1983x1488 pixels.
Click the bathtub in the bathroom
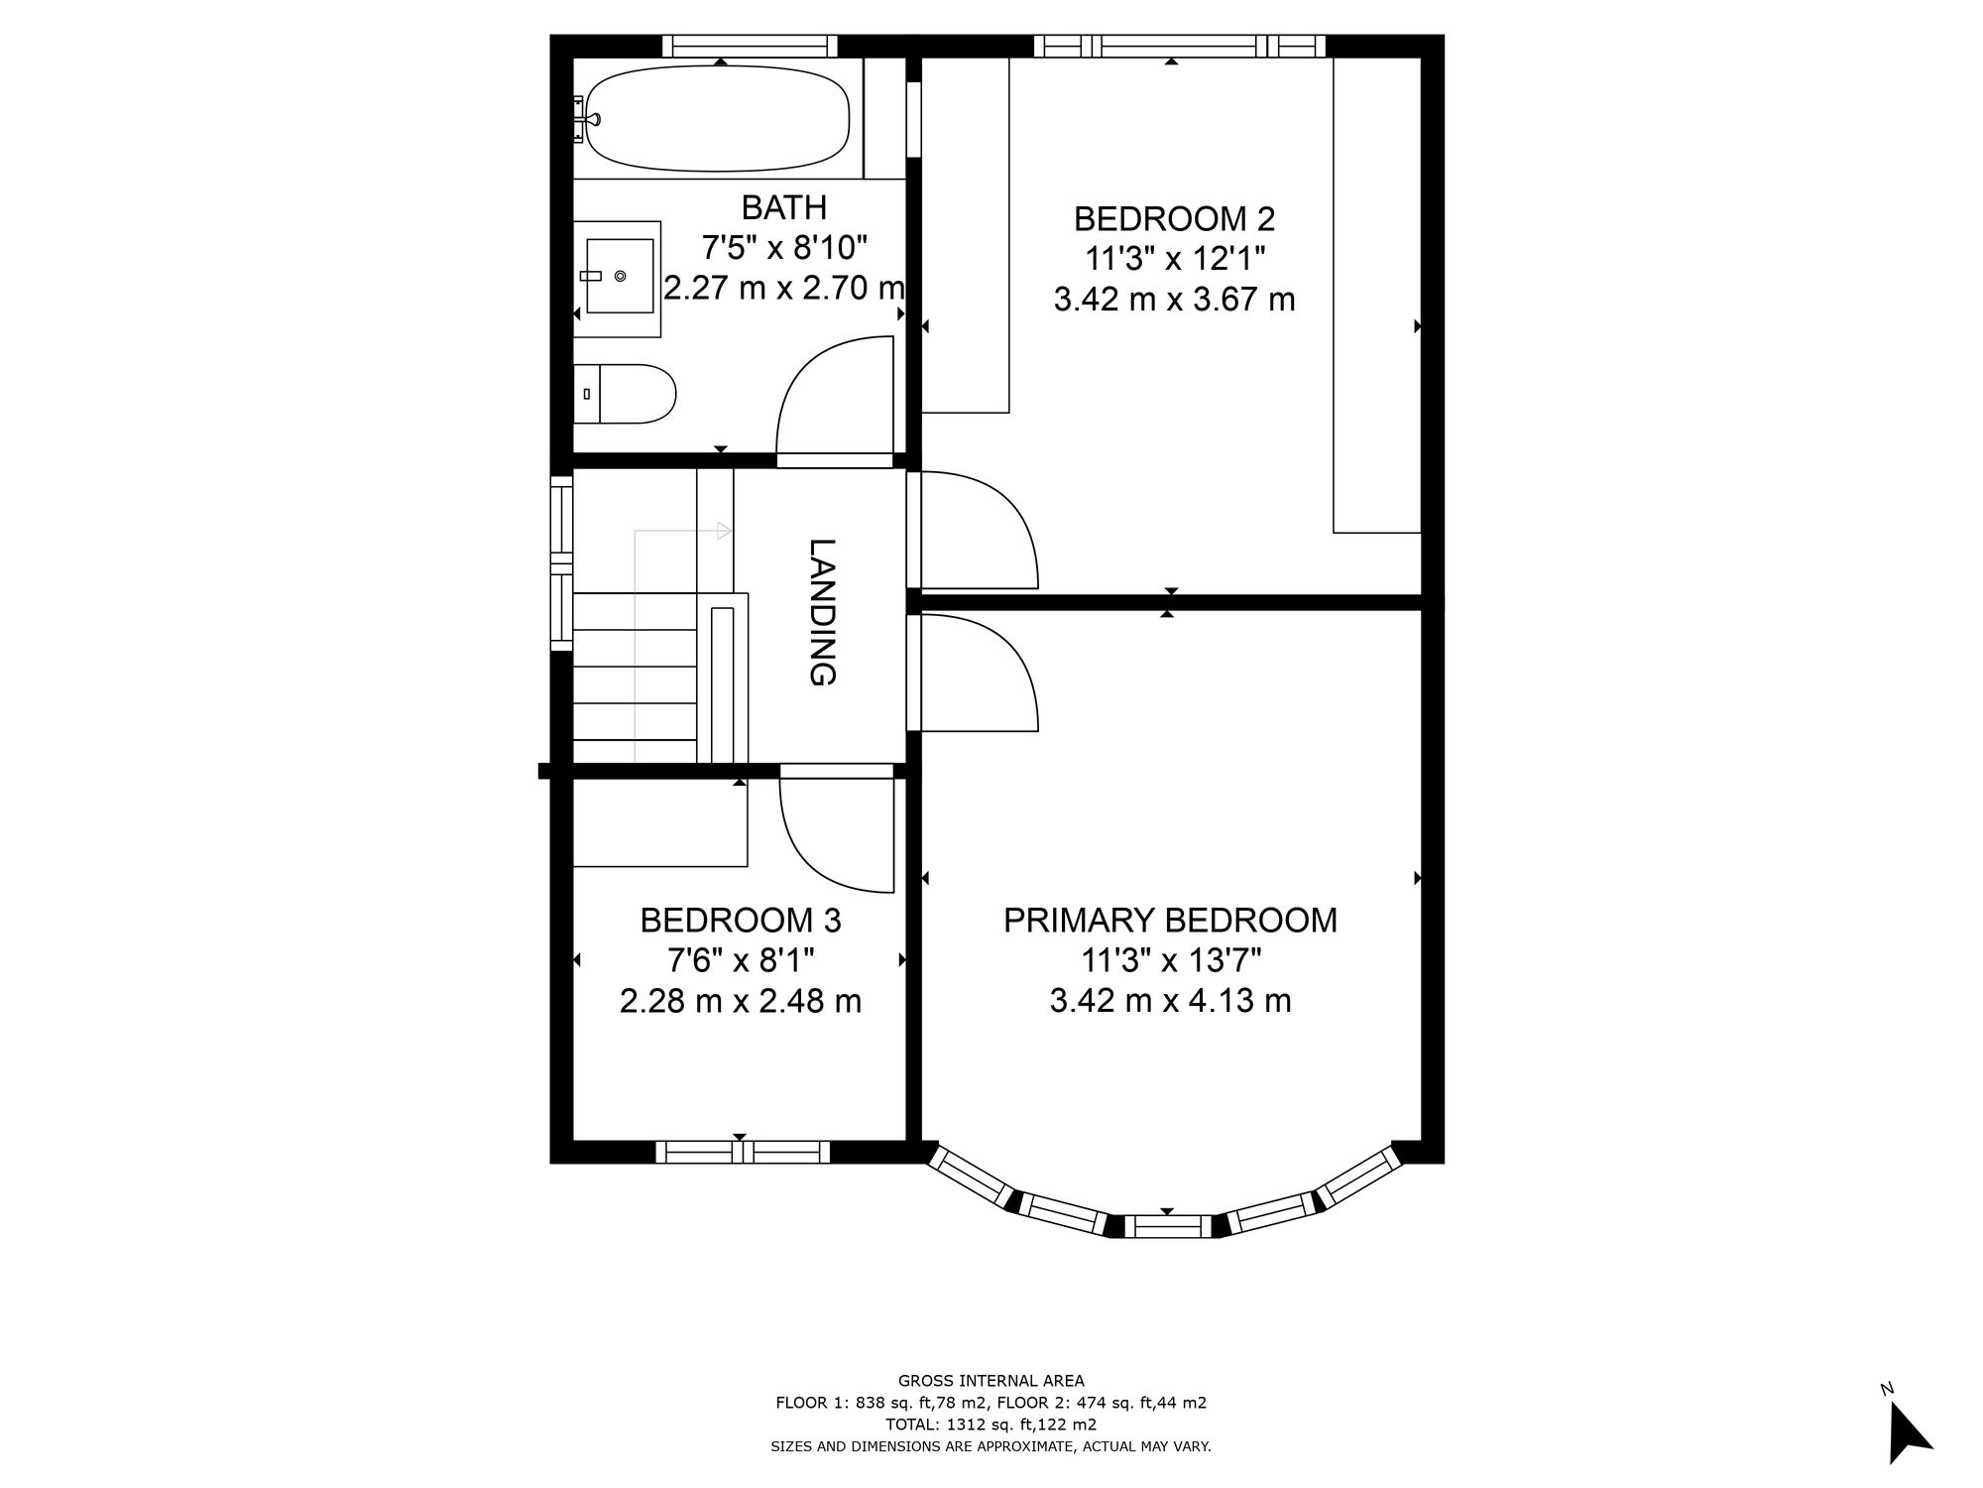[x=717, y=119]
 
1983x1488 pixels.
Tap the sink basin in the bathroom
[x=620, y=275]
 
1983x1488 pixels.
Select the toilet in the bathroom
[x=625, y=394]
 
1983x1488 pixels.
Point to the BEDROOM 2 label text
[x=1174, y=218]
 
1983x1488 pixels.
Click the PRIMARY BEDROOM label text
[x=1170, y=921]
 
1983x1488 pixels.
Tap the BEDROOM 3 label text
[x=741, y=921]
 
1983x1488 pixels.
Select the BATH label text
[x=783, y=207]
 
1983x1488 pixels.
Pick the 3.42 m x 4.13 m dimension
[x=1170, y=1001]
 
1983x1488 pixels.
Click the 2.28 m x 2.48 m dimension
[x=741, y=1001]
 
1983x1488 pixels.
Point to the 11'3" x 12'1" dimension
[x=1174, y=259]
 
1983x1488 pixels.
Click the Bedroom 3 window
[x=743, y=1152]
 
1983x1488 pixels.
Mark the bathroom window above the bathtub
[x=750, y=46]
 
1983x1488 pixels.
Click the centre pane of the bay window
[x=1167, y=1226]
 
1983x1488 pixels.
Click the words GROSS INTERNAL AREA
[x=991, y=1380]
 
